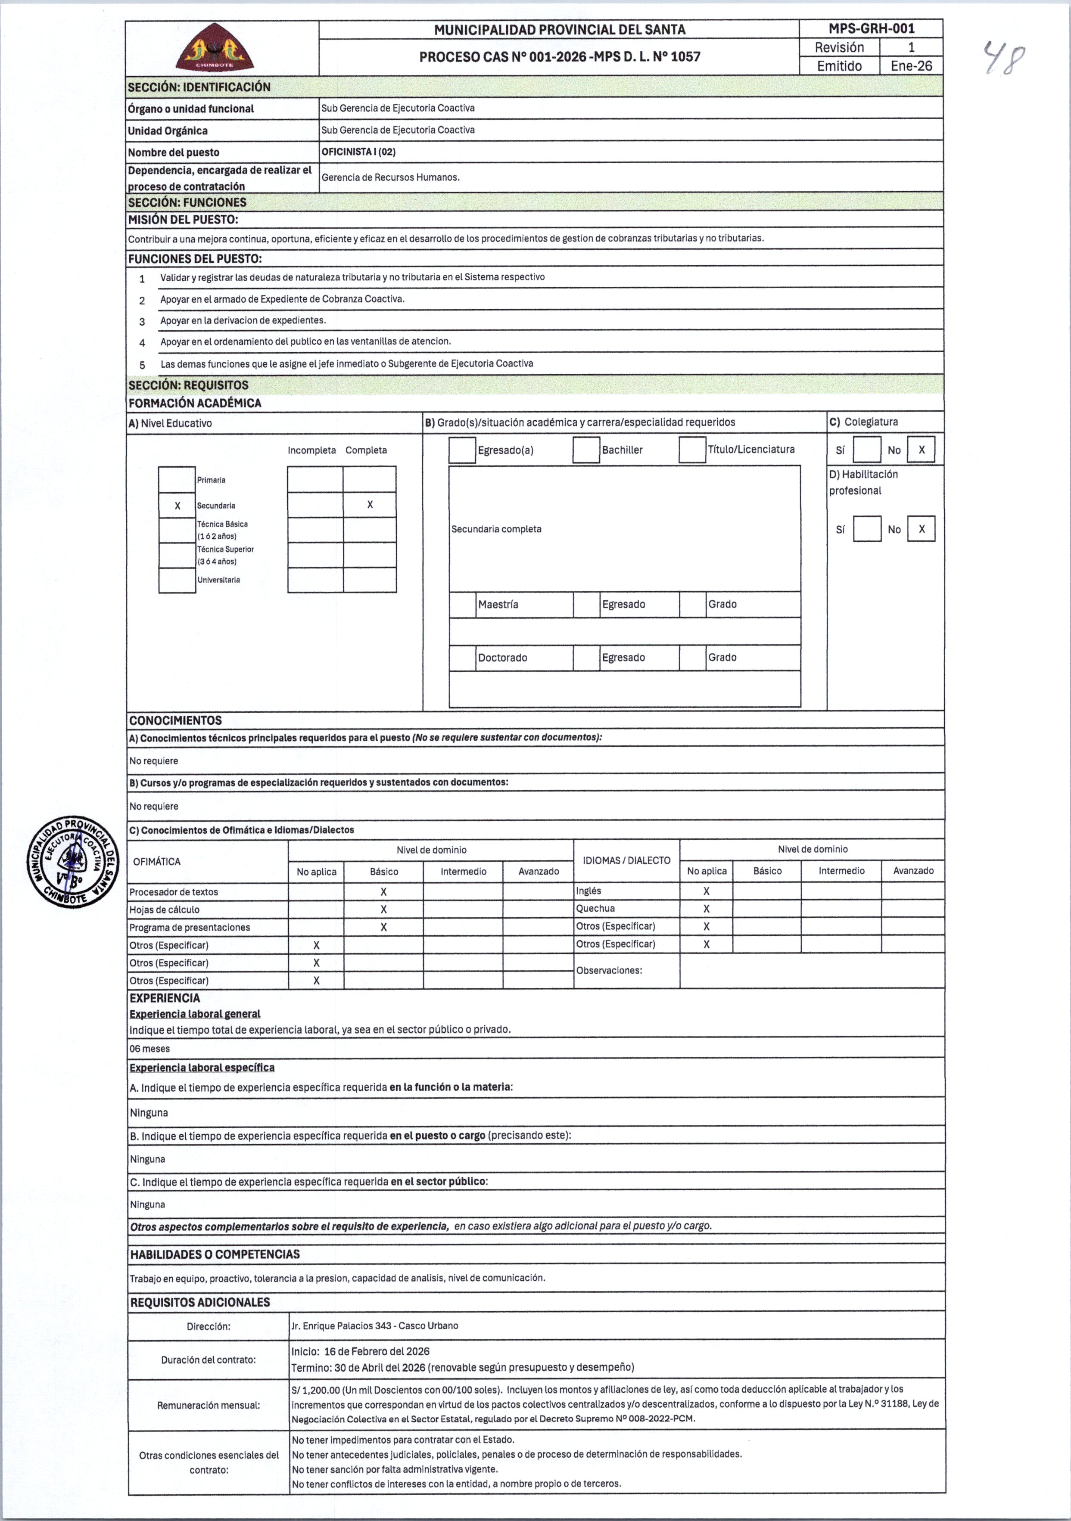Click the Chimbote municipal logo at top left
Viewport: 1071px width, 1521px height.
(215, 48)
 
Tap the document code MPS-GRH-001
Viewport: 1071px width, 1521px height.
(871, 28)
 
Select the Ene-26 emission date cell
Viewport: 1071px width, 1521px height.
(911, 65)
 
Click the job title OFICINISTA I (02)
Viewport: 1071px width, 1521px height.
(358, 152)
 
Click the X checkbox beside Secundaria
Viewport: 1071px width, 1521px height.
(177, 506)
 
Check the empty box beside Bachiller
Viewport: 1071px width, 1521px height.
(586, 450)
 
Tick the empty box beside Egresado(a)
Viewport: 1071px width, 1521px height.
(462, 450)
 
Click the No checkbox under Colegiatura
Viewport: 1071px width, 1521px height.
(921, 450)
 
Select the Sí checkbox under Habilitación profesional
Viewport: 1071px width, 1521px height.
(866, 529)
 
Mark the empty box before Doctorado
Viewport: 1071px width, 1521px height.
(462, 658)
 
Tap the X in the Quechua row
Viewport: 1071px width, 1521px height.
(707, 909)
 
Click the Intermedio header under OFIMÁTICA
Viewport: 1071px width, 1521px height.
(463, 871)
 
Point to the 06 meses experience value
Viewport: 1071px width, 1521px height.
(150, 1049)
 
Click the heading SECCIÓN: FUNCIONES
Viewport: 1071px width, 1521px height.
(187, 202)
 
